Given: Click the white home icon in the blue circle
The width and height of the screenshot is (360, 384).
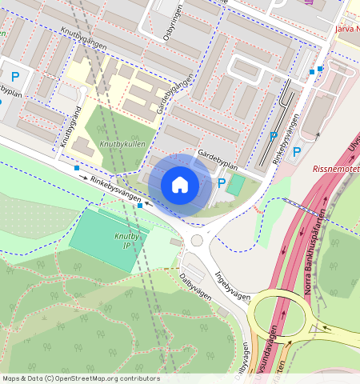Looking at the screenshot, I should click(180, 185).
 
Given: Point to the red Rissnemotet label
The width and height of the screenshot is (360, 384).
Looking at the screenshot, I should click(335, 169).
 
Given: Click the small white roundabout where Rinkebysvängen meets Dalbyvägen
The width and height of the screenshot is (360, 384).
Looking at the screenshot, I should click(197, 240).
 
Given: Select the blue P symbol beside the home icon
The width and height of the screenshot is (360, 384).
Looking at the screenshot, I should click(222, 183).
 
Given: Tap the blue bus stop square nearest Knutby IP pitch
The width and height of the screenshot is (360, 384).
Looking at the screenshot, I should click(140, 206).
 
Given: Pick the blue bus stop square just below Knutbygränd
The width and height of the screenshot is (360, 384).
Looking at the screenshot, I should click(76, 169).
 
